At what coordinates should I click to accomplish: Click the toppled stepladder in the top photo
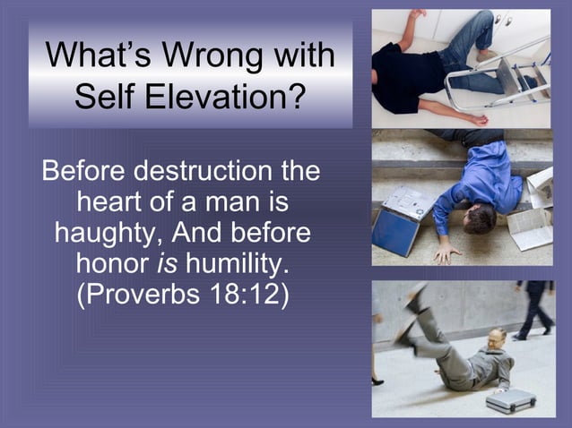coord(507,76)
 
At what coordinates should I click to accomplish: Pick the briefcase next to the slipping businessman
coord(510,400)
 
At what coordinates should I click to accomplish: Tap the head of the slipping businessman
coord(497,339)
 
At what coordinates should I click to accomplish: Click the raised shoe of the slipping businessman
coord(415,296)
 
